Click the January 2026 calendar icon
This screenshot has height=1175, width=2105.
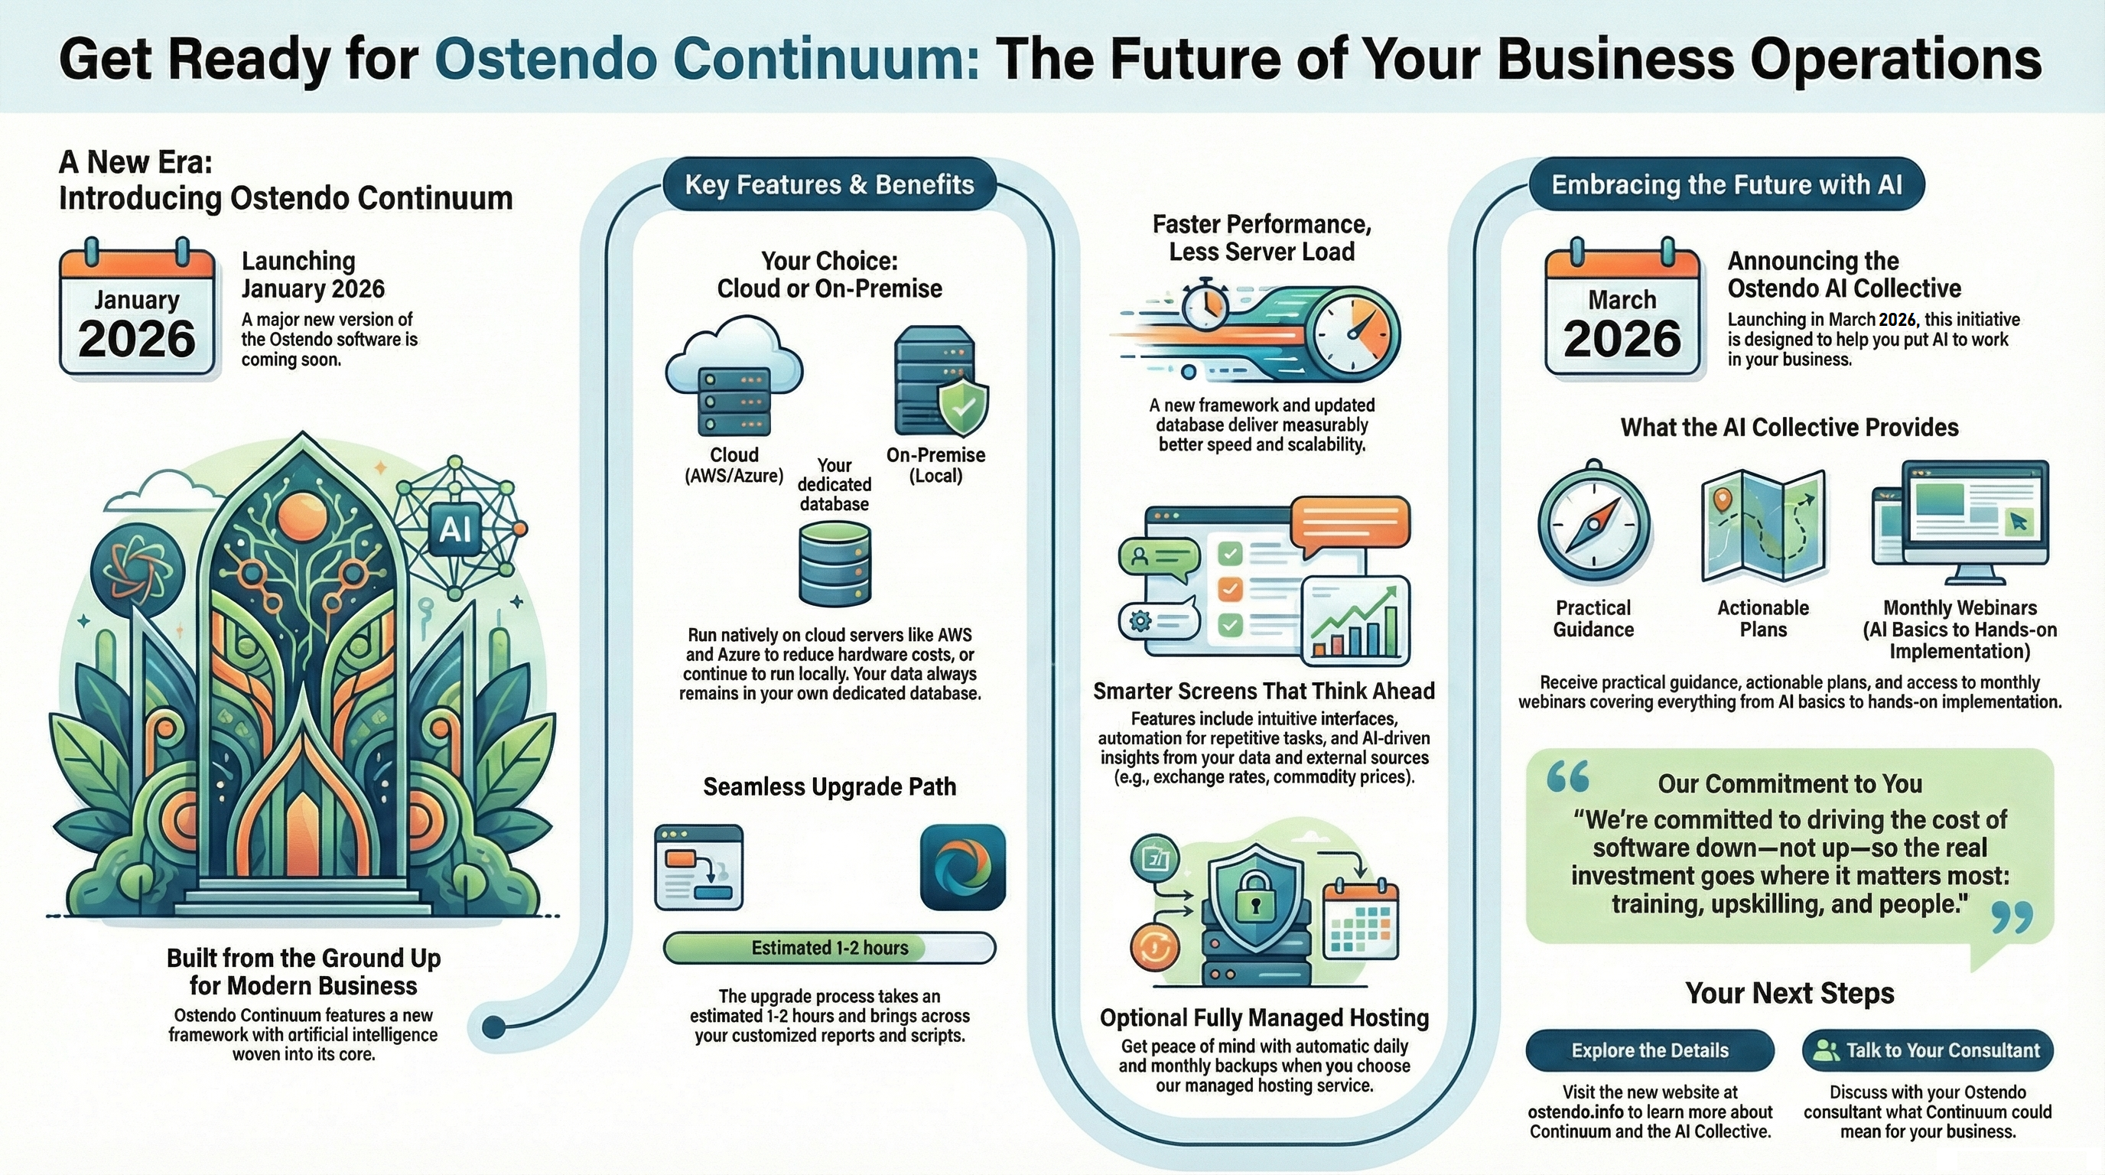point(137,308)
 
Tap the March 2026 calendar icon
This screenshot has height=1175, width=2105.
point(1622,308)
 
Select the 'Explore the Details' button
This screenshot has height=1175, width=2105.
point(1650,1050)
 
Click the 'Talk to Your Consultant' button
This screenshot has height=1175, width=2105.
point(1928,1050)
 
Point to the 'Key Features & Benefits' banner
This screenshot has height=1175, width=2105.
point(829,184)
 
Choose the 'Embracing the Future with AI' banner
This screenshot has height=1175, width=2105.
point(1726,184)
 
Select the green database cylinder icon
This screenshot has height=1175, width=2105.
point(835,564)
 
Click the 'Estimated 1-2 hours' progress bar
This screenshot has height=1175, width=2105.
point(829,948)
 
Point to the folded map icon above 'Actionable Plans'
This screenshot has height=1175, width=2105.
point(1763,526)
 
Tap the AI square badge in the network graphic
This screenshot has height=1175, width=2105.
point(455,529)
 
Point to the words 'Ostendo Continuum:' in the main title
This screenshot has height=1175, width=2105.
point(707,59)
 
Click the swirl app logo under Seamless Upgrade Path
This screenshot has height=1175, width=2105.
point(962,867)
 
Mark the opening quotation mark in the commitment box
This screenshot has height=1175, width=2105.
point(1567,776)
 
